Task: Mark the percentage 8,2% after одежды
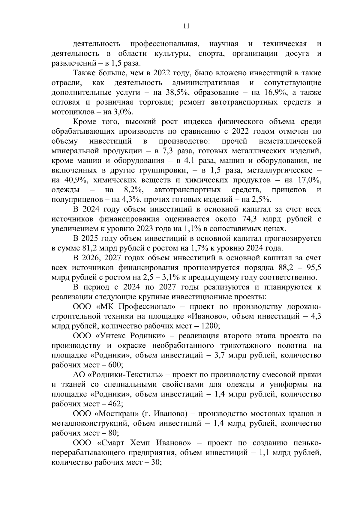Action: pyautogui.click(x=133, y=190)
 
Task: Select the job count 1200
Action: pyautogui.click(x=211, y=326)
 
